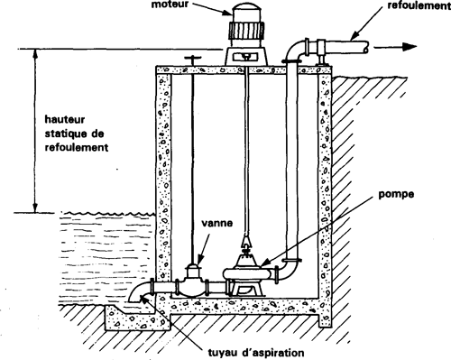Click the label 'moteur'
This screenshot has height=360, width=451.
(x=170, y=5)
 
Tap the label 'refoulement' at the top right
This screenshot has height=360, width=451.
(x=419, y=5)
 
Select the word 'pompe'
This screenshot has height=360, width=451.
(x=396, y=195)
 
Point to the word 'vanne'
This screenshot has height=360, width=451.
(x=217, y=223)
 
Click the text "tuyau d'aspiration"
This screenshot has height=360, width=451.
(x=256, y=353)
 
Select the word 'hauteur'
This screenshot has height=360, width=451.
(x=65, y=119)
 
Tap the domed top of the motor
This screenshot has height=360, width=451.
(x=246, y=13)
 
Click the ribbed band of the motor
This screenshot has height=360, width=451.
(x=246, y=32)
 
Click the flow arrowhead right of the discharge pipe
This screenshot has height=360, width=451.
(x=410, y=47)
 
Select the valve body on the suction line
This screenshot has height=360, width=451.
(x=192, y=282)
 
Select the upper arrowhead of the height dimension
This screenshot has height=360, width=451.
(x=35, y=54)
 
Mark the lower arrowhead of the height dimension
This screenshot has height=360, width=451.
(x=35, y=208)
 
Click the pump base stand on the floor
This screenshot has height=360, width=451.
(x=246, y=289)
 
